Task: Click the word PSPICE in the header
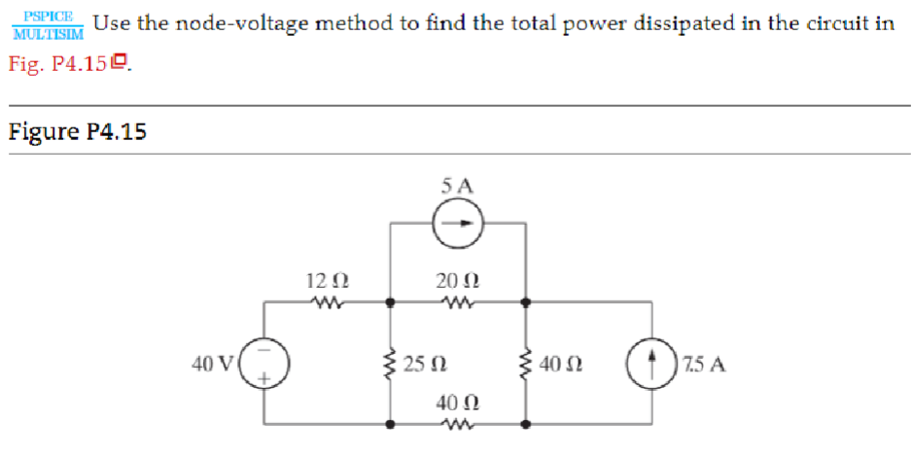tap(47, 17)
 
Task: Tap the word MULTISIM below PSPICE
tap(47, 33)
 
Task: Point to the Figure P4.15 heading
tap(77, 132)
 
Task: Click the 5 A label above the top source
tap(457, 185)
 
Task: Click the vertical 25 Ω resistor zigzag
tap(391, 365)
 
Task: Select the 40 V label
tap(214, 365)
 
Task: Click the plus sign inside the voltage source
tap(263, 380)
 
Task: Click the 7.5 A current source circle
tap(649, 365)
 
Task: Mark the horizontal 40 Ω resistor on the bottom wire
tap(457, 424)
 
